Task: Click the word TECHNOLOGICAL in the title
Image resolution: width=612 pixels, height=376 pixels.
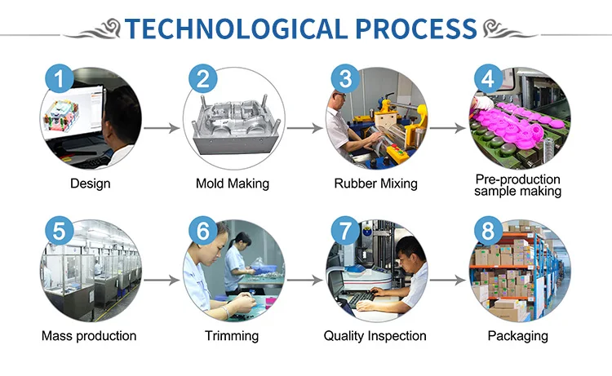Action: coord(236,29)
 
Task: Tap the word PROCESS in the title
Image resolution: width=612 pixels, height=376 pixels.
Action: coord(416,29)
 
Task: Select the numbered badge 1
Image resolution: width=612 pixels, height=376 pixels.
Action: coord(60,79)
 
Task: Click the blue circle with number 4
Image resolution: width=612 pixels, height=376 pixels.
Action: coord(488,79)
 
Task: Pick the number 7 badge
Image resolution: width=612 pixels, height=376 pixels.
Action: coord(345,231)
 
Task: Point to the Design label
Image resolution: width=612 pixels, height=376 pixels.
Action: coord(90,184)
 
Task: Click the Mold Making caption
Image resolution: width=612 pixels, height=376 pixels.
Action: coord(233,184)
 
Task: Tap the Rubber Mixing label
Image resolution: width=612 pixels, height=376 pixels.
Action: coord(376,184)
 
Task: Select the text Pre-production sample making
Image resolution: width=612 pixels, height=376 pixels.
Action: coord(518,185)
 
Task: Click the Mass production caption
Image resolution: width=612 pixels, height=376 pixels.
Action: coord(89,336)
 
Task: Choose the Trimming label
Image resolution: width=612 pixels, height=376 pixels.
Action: coord(232,336)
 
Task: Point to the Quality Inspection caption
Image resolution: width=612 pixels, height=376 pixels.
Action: coord(375,336)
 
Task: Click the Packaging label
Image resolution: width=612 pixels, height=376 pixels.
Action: coord(518,336)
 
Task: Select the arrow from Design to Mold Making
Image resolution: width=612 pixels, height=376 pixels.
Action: coord(162,128)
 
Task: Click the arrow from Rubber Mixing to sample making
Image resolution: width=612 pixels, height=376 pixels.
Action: coord(448,128)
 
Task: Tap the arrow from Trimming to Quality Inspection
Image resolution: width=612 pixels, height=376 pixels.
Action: coord(304,280)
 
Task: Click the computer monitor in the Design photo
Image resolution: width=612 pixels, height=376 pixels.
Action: coord(73,113)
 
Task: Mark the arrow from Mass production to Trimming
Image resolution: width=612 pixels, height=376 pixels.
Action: coord(162,280)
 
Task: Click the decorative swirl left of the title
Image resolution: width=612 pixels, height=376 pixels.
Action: coord(94,30)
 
